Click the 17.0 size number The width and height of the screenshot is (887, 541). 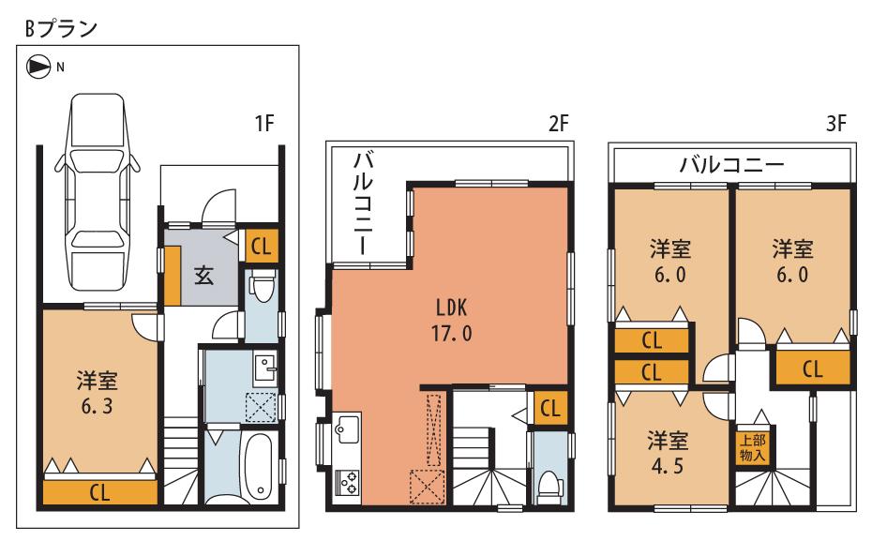[x=450, y=333]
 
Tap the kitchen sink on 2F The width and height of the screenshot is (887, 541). [x=346, y=431]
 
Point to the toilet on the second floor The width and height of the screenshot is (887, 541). [x=549, y=485]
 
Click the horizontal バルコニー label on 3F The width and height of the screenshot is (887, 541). [x=732, y=166]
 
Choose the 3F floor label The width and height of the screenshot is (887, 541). [x=836, y=123]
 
